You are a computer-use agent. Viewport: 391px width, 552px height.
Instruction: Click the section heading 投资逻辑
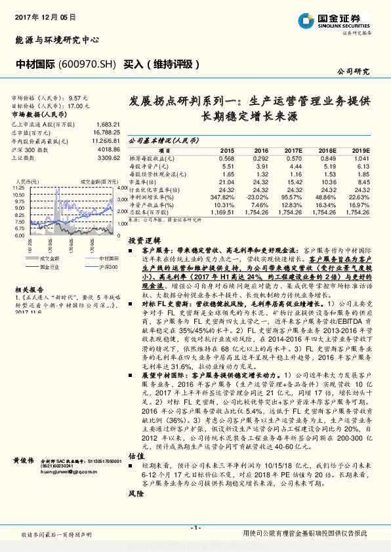click(x=142, y=241)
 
